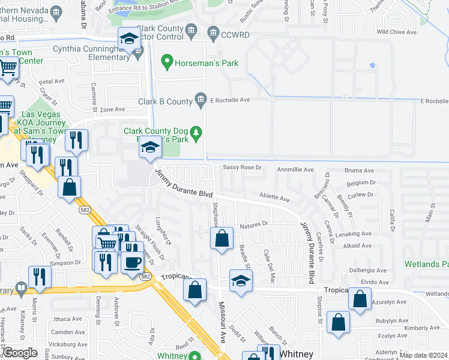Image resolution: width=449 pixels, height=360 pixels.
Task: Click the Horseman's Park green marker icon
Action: click(x=167, y=62)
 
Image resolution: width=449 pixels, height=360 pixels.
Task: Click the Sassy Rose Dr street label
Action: click(x=243, y=167)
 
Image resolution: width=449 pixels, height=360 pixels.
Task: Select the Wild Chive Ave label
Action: click(x=396, y=32)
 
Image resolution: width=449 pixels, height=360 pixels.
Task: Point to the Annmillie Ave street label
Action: click(x=295, y=170)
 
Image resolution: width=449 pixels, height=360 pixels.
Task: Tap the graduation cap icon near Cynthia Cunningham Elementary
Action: click(x=129, y=40)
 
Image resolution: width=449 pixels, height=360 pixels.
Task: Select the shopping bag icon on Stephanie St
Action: click(x=221, y=238)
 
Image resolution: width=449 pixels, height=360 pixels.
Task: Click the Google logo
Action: click(x=19, y=353)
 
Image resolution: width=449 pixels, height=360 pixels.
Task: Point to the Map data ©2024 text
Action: click(x=424, y=355)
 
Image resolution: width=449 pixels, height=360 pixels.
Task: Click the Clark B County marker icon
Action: click(x=202, y=101)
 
